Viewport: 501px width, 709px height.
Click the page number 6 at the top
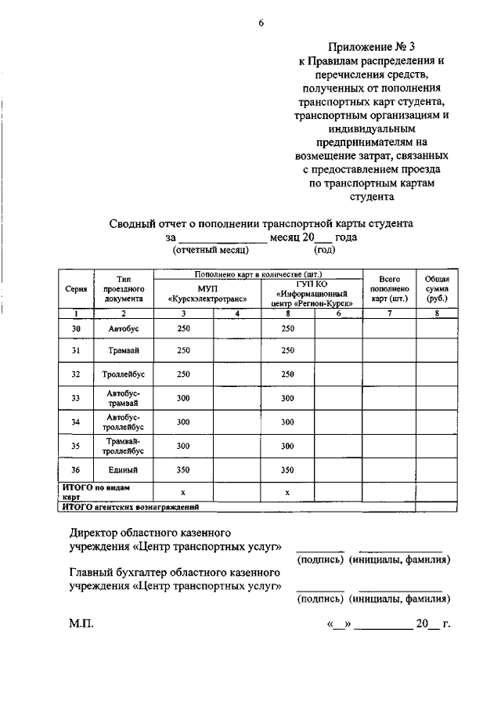coord(261,24)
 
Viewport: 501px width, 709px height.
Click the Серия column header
coord(75,288)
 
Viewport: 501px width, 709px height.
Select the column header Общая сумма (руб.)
coord(436,288)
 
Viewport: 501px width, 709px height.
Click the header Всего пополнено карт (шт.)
coord(389,288)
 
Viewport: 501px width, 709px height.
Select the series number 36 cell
coord(76,469)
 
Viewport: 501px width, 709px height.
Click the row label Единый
coord(123,469)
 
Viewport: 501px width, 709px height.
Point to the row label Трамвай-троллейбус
coord(123,446)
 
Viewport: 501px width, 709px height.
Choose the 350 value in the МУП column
coord(183,469)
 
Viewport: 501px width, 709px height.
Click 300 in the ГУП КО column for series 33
coord(287,398)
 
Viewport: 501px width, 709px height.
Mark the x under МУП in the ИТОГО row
coord(182,492)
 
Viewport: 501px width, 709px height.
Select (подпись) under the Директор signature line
coord(320,560)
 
